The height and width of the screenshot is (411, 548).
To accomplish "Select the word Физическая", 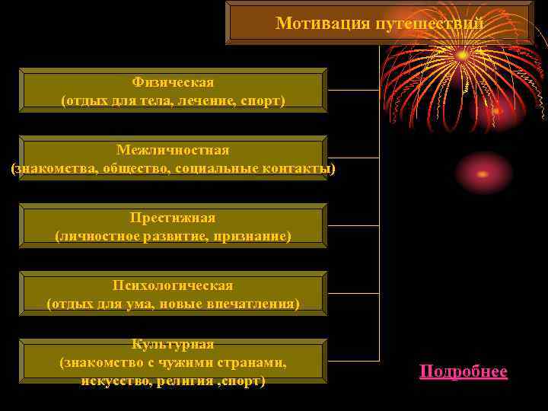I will pyautogui.click(x=173, y=82).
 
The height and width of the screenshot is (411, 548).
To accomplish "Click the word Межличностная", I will pyautogui.click(x=173, y=150).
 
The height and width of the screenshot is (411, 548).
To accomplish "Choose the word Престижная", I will pyautogui.click(x=173, y=218).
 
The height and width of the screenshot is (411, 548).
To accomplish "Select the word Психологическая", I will pyautogui.click(x=173, y=285).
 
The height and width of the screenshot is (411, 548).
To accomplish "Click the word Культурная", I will pyautogui.click(x=173, y=345).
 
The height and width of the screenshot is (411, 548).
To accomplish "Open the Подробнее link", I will pyautogui.click(x=463, y=371).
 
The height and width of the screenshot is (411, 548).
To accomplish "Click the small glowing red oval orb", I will pyautogui.click(x=483, y=174).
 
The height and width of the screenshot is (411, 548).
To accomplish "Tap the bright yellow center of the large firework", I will pyautogui.click(x=462, y=55).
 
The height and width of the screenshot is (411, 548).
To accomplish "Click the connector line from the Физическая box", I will pyautogui.click(x=353, y=90).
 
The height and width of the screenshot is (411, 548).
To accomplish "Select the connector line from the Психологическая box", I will pyautogui.click(x=353, y=293).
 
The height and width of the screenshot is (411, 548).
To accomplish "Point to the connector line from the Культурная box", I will pyautogui.click(x=353, y=361).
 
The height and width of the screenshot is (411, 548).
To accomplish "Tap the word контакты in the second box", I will pyautogui.click(x=296, y=168).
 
